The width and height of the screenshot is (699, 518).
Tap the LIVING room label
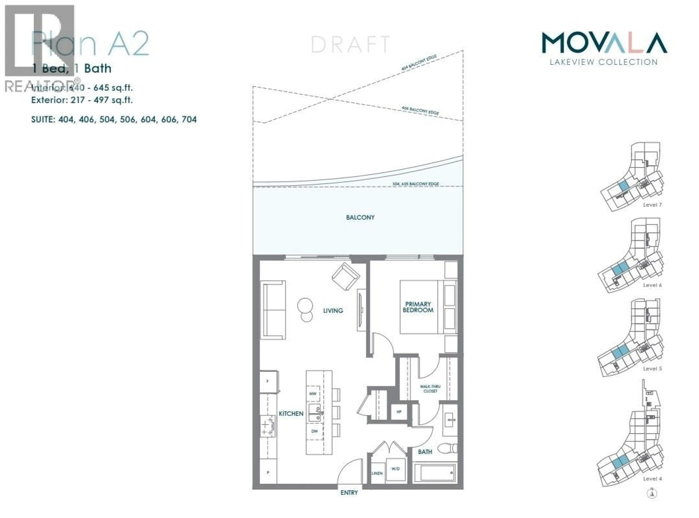coord(333,310)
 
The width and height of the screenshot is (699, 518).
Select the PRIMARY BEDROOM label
coord(418,307)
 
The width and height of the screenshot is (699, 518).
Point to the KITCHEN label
coord(291,414)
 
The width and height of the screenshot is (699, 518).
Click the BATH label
coord(425,452)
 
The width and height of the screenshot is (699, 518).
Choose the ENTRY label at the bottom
coord(349,493)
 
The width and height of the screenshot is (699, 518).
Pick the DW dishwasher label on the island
coord(314,431)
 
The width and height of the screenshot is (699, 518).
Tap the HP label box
coord(399,412)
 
